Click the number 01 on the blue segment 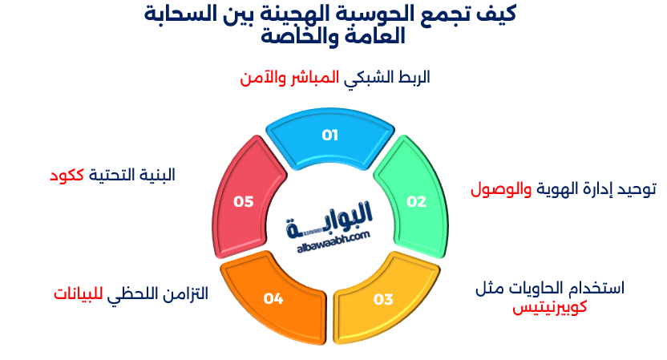coord(329,135)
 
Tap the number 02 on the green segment coord(416,201)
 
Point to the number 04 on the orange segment coord(273,299)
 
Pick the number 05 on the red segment coord(244,201)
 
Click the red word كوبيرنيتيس coord(551,305)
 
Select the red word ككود coord(68,175)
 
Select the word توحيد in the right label coord(633,189)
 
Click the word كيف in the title coord(499,14)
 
